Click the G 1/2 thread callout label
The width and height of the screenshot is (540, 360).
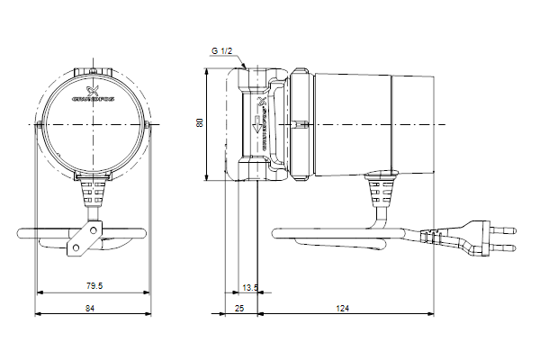tap(221, 52)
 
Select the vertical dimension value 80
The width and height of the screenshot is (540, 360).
tap(200, 123)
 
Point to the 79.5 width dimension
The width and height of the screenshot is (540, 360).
tap(94, 286)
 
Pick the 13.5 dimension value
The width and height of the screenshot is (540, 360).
tap(250, 287)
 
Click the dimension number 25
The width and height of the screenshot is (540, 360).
tap(239, 308)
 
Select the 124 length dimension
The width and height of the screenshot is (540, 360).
tap(343, 308)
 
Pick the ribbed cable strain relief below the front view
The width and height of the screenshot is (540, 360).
tap(92, 191)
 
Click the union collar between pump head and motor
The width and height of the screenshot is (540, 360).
tap(301, 123)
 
